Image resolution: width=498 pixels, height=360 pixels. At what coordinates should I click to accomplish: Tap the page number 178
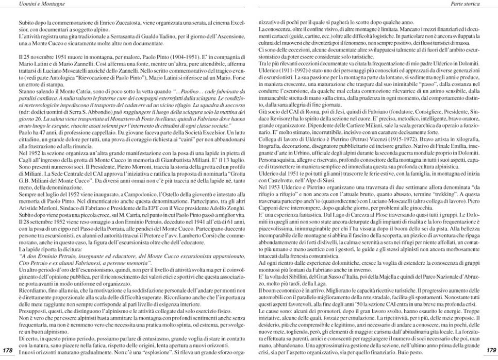[8, 350]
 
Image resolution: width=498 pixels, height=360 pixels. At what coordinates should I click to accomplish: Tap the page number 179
[490, 350]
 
